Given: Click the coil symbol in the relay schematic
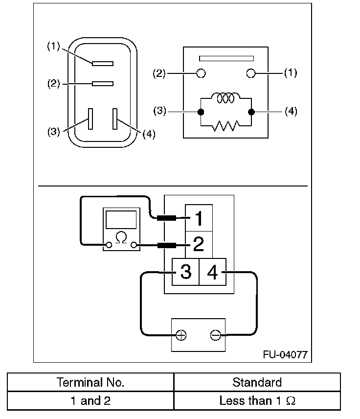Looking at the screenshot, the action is (226, 98).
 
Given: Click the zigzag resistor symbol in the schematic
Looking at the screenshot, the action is (226, 126).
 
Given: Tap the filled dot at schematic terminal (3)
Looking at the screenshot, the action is (201, 112).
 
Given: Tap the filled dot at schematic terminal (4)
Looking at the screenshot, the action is (251, 112).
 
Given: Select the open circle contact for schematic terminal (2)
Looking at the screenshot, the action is (201, 73).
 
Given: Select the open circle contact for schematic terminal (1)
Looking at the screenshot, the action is (251, 73).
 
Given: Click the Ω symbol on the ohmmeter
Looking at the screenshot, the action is (121, 237).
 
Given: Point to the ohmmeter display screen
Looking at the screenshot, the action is (121, 220).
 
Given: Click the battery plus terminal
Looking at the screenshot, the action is (181, 335).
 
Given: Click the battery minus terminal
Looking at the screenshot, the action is (216, 335).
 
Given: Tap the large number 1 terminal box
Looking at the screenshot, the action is (199, 218).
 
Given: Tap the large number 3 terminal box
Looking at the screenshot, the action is (185, 272).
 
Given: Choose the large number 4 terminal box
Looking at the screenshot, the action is (213, 272).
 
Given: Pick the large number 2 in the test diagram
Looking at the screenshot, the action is (199, 244).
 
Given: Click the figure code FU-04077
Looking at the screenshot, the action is (285, 354).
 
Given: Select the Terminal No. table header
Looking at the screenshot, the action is (90, 382).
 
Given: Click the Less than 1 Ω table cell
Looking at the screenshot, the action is (257, 401).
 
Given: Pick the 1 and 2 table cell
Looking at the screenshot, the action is (90, 401).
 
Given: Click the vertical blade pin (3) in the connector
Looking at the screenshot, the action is (90, 119).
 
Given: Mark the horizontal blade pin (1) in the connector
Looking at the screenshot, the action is (103, 64).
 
